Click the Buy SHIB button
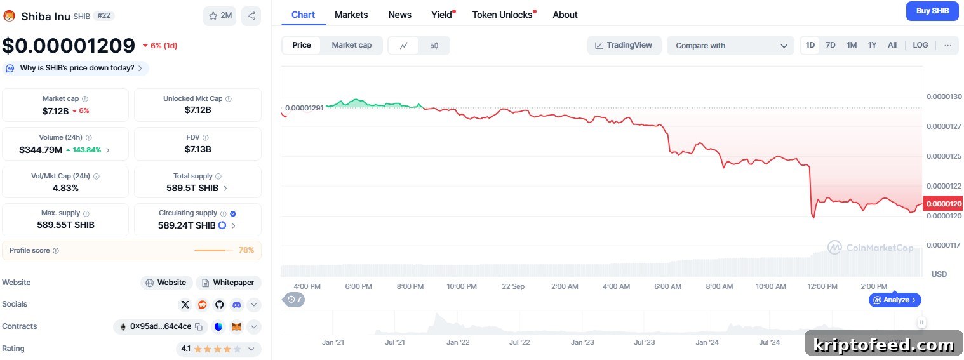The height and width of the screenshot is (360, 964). pos(932,11)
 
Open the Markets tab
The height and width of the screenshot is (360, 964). pos(351,15)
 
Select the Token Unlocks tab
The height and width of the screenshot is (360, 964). pos(502,15)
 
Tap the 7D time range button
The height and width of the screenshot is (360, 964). pos(831,45)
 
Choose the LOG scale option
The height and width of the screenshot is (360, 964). pos(920,45)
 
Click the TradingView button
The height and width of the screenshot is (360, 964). pos(624,45)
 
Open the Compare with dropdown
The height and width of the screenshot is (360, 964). pos(731,46)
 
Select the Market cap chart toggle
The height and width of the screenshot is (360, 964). pos(351,45)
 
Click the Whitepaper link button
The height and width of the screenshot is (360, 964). pos(229,283)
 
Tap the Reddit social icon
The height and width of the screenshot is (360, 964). pos(202,305)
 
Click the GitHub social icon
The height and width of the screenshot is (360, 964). pos(220,305)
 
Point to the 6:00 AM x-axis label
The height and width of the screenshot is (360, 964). pos(667,286)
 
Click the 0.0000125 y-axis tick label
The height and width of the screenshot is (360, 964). pos(944,156)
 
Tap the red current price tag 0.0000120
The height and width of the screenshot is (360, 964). pos(943,203)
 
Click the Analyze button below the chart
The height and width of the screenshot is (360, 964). pos(895,300)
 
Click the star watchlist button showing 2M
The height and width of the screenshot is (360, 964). pos(220,16)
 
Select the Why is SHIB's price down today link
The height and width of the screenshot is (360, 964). pos(76,68)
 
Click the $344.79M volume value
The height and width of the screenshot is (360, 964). pos(41,150)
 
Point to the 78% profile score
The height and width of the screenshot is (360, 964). pos(246,250)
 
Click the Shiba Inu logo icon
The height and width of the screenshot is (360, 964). pos(9,16)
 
